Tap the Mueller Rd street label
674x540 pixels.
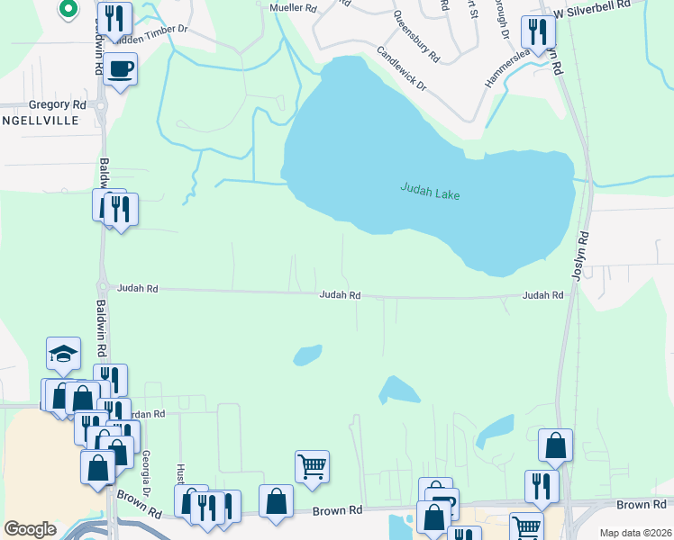point(294,8)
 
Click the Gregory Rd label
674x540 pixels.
point(57,105)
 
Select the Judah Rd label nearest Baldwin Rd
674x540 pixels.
point(138,289)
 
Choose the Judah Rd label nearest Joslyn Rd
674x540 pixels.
point(543,295)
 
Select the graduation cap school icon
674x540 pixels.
point(64,353)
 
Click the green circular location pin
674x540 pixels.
point(67,9)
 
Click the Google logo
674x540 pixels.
point(30,529)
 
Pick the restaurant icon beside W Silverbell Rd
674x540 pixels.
point(538,31)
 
